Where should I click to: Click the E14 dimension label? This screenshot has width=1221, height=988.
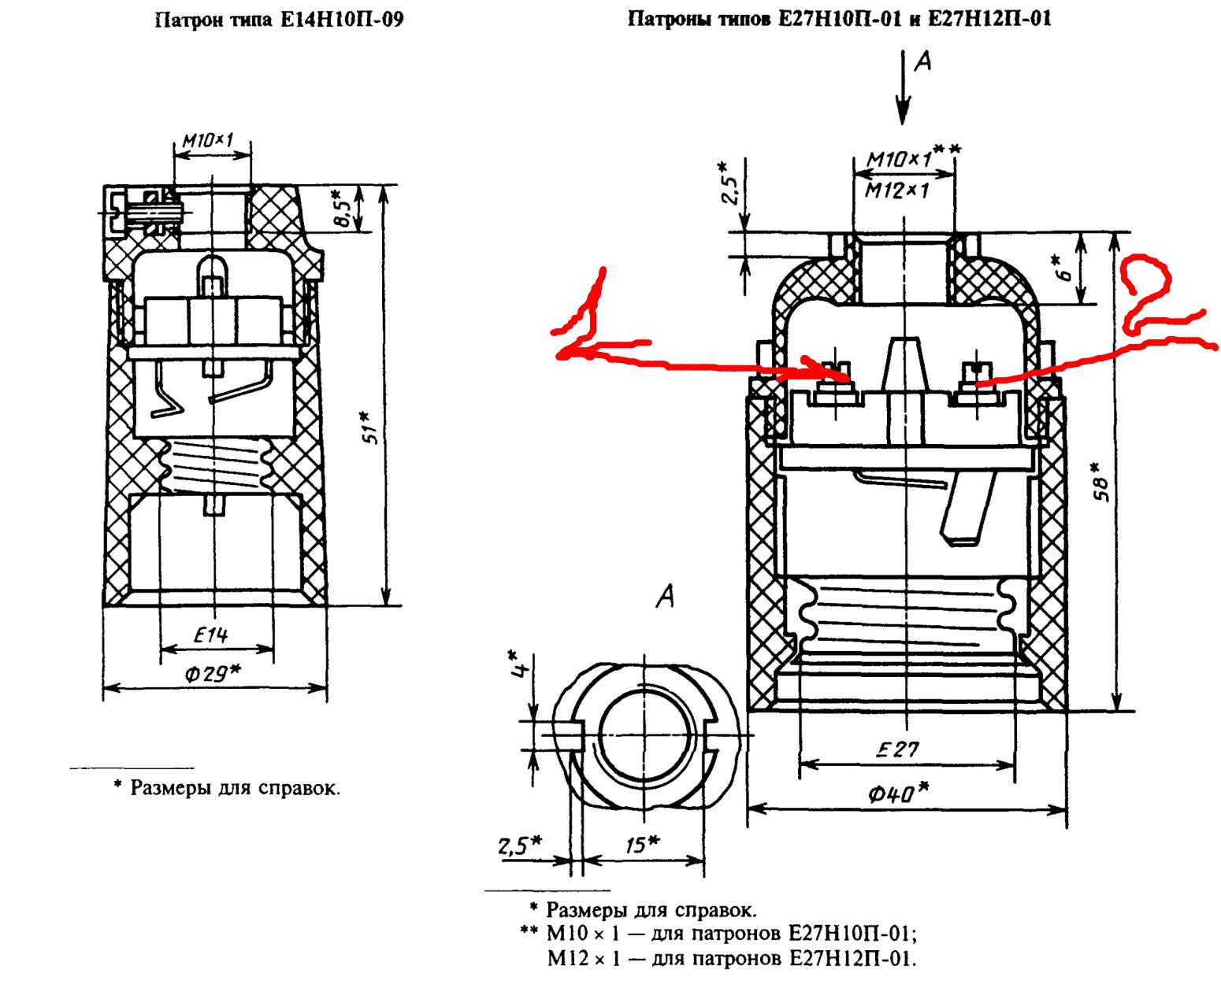tap(210, 635)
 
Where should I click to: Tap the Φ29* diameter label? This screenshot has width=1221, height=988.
tap(213, 674)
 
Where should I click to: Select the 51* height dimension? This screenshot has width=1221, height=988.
tap(369, 427)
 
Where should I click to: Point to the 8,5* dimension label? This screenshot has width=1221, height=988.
tap(342, 209)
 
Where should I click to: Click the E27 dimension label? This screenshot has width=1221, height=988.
tap(899, 749)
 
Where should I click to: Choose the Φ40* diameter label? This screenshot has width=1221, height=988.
tap(898, 793)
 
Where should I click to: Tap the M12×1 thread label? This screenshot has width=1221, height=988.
tap(897, 190)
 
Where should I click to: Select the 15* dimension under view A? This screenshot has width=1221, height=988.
tap(641, 845)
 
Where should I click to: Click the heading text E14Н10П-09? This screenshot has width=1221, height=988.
tap(342, 20)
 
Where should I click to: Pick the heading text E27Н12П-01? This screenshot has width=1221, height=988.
tap(989, 19)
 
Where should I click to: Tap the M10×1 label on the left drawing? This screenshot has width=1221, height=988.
tap(208, 141)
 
